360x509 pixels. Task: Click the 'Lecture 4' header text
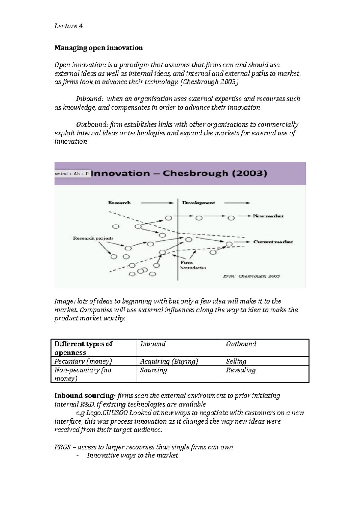pyautogui.click(x=68, y=26)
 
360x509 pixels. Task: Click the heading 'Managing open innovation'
pyautogui.click(x=99, y=48)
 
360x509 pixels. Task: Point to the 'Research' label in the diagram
pyautogui.click(x=119, y=203)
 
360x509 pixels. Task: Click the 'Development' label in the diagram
pyautogui.click(x=199, y=203)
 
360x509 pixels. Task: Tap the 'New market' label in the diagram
pyautogui.click(x=268, y=216)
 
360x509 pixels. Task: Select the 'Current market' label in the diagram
pyautogui.click(x=273, y=242)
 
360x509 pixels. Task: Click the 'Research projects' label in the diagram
pyautogui.click(x=93, y=238)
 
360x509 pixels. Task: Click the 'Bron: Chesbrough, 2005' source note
pyautogui.click(x=251, y=276)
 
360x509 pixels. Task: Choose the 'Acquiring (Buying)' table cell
pyautogui.click(x=169, y=361)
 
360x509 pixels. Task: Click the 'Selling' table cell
pyautogui.click(x=236, y=361)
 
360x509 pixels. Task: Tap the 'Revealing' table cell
pyautogui.click(x=241, y=370)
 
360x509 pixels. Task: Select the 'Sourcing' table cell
pyautogui.click(x=154, y=370)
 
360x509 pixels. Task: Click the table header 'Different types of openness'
pyautogui.click(x=83, y=348)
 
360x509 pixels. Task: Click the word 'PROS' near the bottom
pyautogui.click(x=62, y=447)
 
